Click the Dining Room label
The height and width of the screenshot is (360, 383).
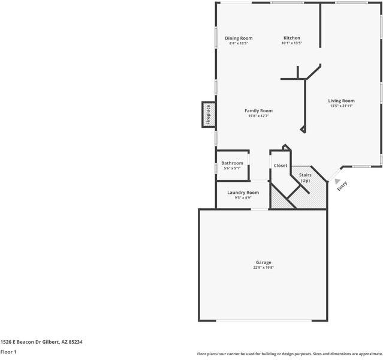[x=239, y=38]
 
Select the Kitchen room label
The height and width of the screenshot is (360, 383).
[x=292, y=38]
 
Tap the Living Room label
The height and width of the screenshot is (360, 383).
[x=341, y=101]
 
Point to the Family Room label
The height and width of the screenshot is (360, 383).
[x=258, y=110]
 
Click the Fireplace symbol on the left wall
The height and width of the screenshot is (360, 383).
[x=208, y=115]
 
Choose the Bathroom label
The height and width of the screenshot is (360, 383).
[x=232, y=163]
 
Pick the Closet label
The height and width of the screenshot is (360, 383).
[x=281, y=166]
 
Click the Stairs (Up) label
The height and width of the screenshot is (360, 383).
[x=305, y=178]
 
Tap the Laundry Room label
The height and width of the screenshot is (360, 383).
[x=243, y=193]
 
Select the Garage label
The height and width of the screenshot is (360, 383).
[x=263, y=262]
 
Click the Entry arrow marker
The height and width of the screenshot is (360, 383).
[x=338, y=181]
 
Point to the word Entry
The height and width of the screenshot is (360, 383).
[x=342, y=187]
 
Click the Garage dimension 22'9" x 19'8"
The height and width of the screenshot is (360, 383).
[x=263, y=268]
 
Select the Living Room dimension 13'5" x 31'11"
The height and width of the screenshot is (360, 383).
[x=341, y=106]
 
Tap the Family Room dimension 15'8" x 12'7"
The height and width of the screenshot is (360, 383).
[x=258, y=116]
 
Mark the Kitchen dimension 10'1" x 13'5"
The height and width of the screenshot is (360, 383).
[x=292, y=43]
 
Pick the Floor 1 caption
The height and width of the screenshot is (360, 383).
[x=8, y=352]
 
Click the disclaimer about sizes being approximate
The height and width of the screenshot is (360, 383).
[x=289, y=354]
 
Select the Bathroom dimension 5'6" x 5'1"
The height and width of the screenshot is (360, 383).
[x=232, y=169]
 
